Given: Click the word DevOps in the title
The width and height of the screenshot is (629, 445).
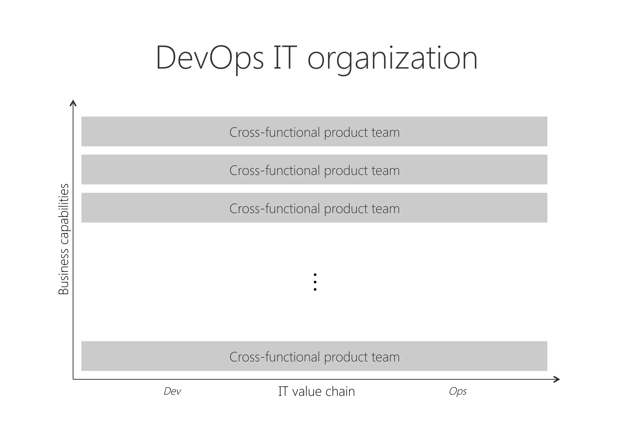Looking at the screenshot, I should (x=210, y=58).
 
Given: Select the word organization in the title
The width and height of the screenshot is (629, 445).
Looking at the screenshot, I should (x=393, y=59).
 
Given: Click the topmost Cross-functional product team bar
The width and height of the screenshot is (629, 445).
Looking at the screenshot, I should (x=314, y=131).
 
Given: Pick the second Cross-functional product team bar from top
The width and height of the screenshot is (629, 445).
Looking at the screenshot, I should (x=314, y=170).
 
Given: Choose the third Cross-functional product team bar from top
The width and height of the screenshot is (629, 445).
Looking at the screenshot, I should (x=314, y=208).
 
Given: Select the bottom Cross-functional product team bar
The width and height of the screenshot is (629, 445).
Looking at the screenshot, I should (x=314, y=356).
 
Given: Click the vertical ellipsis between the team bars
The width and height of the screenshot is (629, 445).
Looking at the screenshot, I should (x=315, y=282).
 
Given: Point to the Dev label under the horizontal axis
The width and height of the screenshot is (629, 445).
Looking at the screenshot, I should (x=172, y=391).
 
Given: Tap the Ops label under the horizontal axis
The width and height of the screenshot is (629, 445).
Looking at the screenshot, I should (x=458, y=391).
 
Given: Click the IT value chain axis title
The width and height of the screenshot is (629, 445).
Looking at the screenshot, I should (x=316, y=392).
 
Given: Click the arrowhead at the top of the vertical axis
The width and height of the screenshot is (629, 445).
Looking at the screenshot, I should (x=73, y=103).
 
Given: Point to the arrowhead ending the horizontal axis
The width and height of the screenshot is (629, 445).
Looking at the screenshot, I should (x=557, y=379).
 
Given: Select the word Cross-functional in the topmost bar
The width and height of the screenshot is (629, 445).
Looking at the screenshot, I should (x=275, y=132).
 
